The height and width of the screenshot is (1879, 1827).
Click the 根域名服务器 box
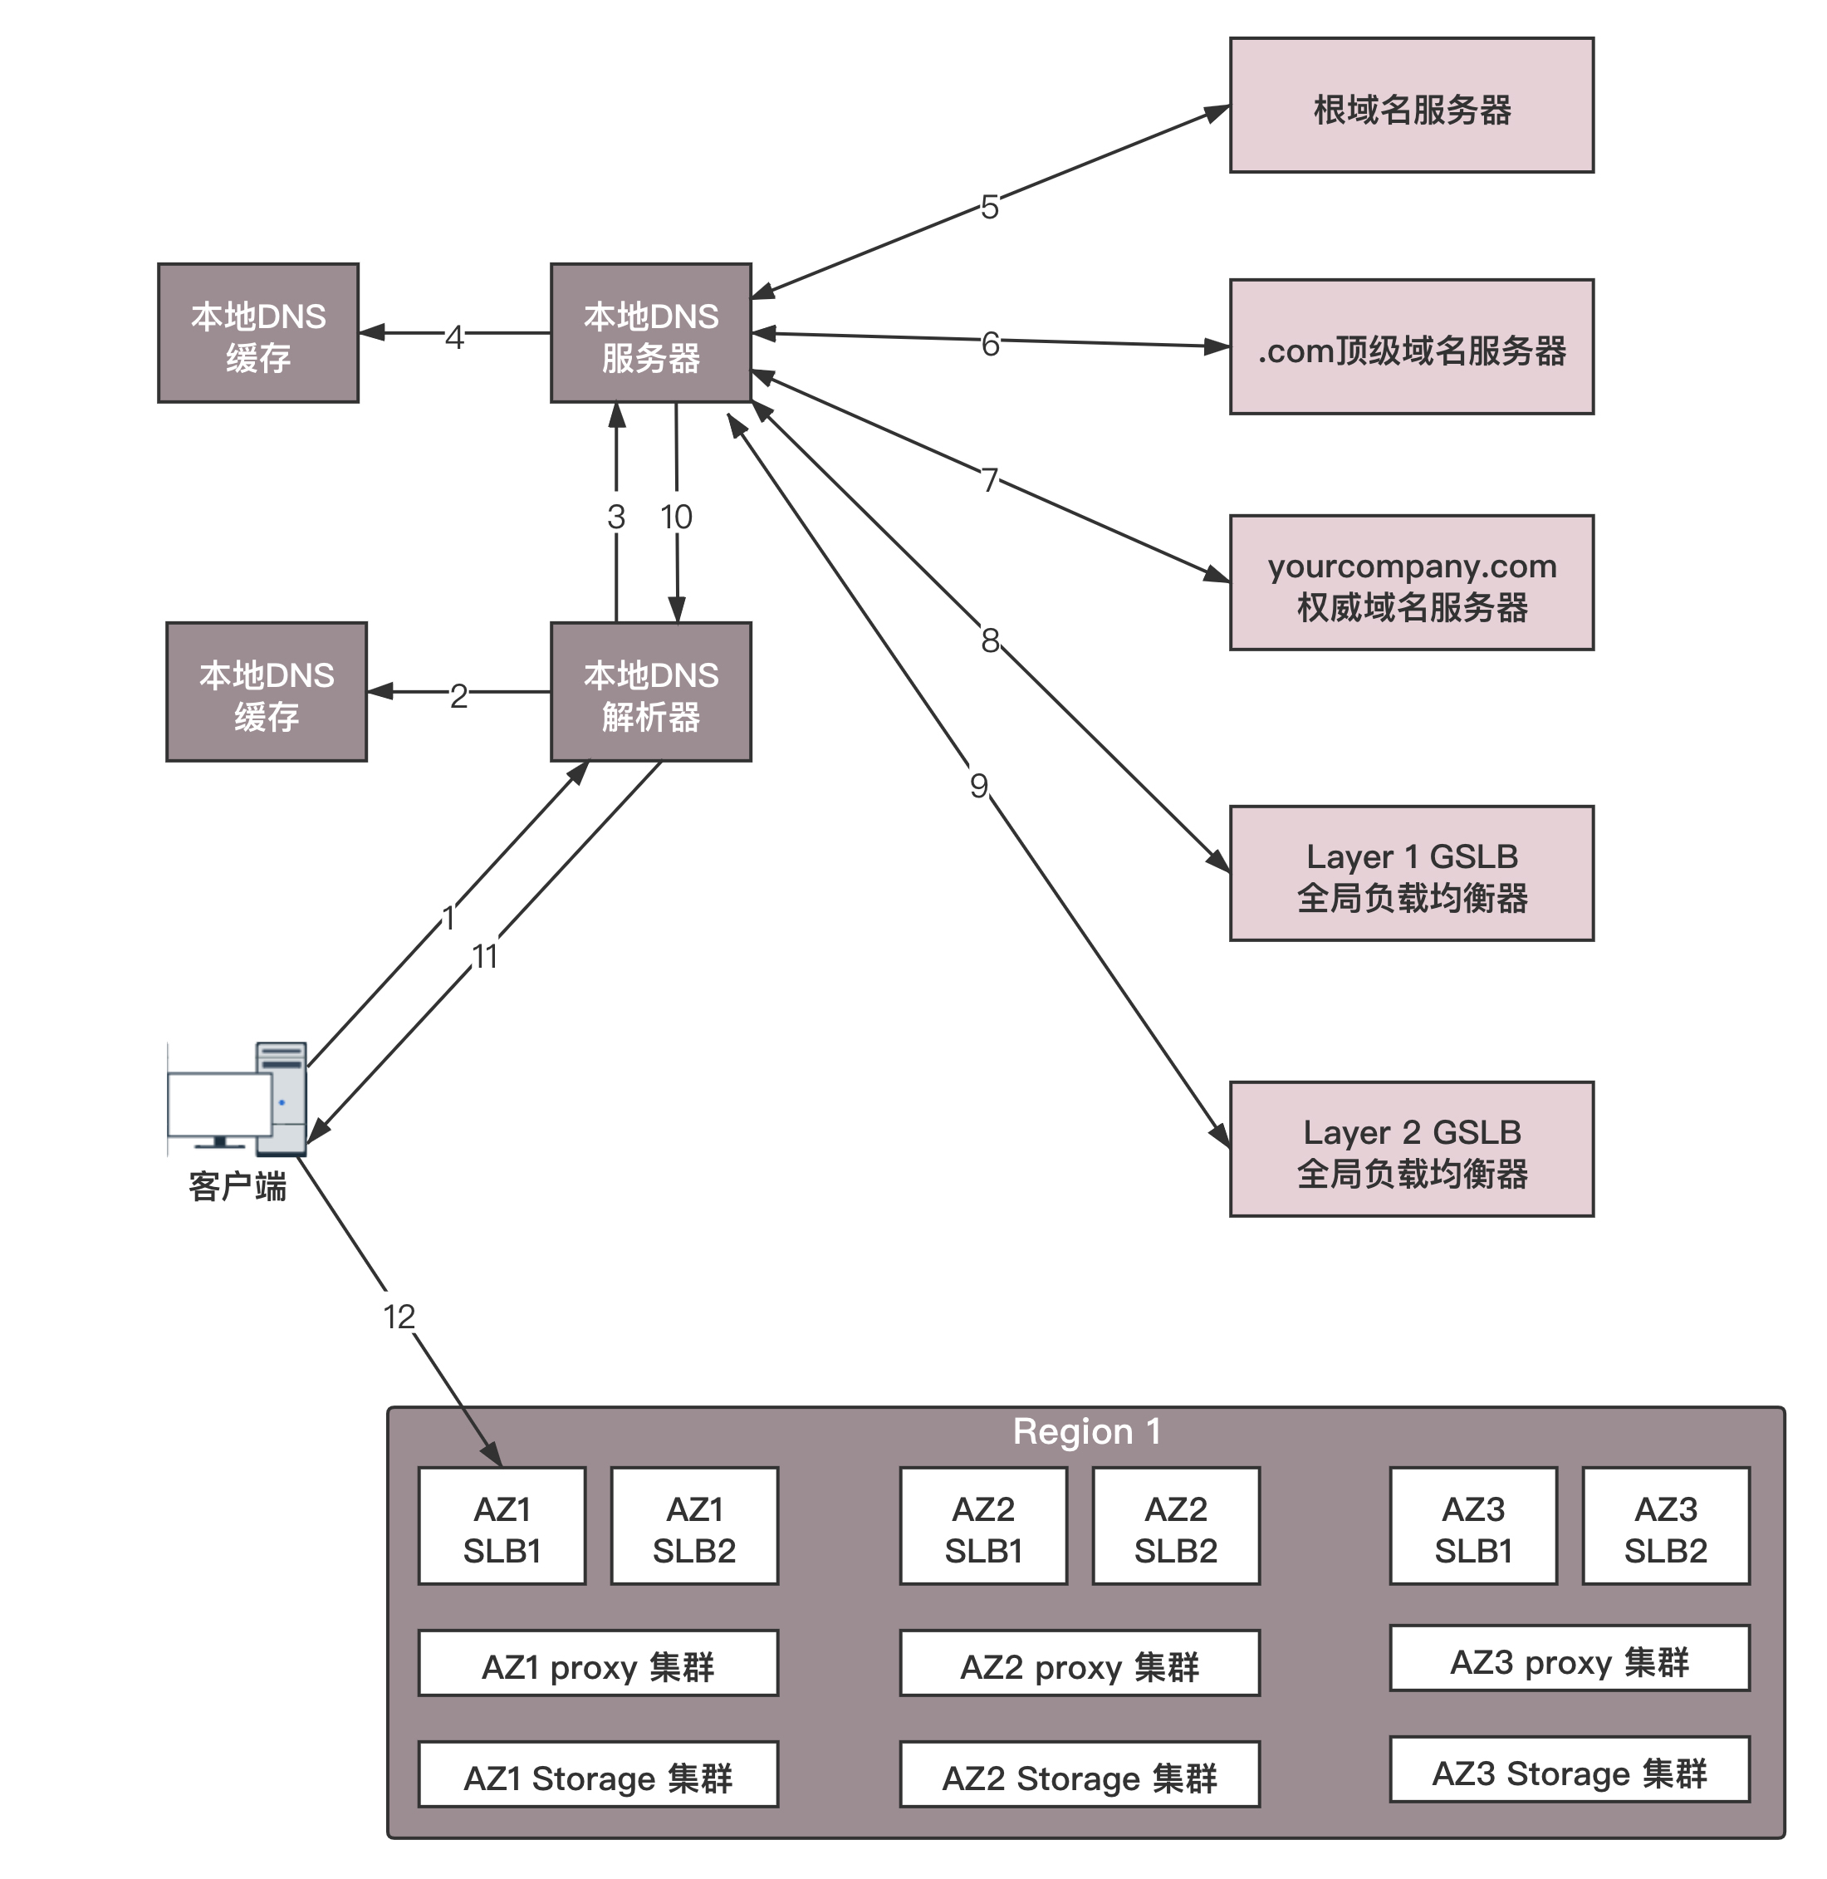(x=1411, y=105)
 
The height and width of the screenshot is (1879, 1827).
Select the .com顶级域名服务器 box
(x=1411, y=347)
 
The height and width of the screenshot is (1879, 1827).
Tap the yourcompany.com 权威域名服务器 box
(x=1411, y=582)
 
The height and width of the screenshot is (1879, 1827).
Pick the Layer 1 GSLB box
(x=1411, y=873)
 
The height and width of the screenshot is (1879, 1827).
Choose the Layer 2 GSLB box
(x=1411, y=1149)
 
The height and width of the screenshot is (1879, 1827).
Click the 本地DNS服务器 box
(x=650, y=333)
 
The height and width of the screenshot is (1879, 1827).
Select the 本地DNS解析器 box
(x=650, y=692)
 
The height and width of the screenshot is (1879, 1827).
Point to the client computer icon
(x=238, y=1099)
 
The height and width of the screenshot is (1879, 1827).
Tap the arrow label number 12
(x=399, y=1317)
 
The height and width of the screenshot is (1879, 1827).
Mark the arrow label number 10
(x=677, y=518)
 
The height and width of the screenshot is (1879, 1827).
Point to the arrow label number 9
(x=979, y=786)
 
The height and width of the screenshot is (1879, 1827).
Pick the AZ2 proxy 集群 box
(x=1079, y=1667)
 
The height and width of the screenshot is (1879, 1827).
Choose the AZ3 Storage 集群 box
(x=1569, y=1774)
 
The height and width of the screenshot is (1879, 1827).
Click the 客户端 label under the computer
(x=238, y=1187)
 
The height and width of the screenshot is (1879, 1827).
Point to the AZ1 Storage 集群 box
(x=598, y=1778)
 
